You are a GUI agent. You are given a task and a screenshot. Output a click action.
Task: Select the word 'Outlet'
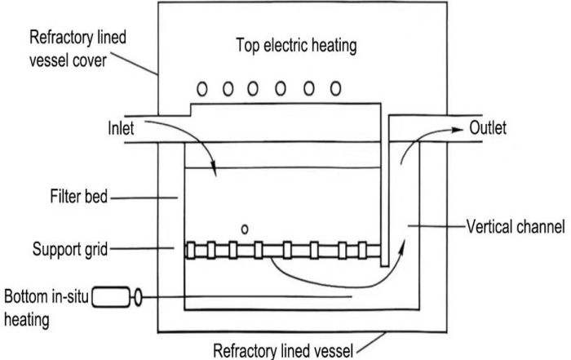click(489, 129)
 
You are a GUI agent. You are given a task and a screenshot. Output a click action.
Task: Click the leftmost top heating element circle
click(200, 87)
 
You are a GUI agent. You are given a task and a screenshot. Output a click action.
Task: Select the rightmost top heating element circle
click(334, 87)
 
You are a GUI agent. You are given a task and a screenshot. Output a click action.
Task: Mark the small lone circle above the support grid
click(245, 229)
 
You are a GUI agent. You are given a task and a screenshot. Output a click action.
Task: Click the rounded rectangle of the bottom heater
click(113, 298)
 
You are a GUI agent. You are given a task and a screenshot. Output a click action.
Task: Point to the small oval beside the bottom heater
click(138, 298)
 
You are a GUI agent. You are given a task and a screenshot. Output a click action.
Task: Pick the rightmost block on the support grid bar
click(364, 250)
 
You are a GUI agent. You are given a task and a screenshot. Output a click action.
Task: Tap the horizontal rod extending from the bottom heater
click(245, 298)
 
